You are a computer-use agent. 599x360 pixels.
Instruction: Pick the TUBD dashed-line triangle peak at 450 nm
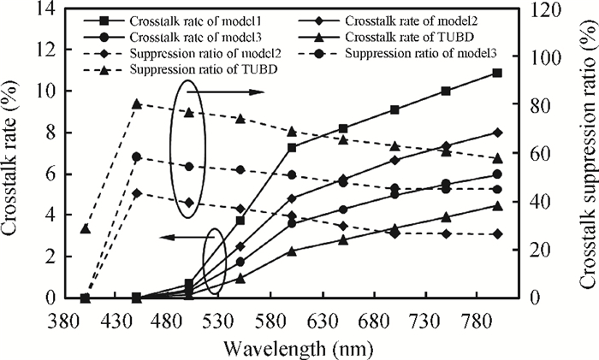[136, 103]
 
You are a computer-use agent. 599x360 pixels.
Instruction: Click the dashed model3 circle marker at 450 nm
[136, 156]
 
